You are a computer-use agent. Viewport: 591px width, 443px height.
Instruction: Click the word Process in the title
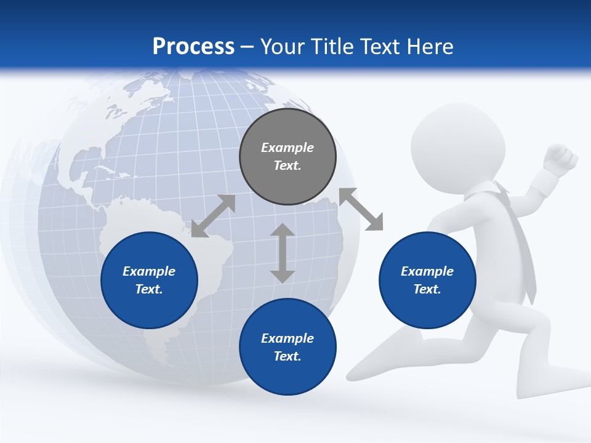(193, 47)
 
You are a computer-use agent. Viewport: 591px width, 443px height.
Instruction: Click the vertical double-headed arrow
(283, 253)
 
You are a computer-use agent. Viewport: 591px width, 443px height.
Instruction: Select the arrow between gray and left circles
(213, 216)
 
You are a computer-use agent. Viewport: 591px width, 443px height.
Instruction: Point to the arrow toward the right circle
(361, 209)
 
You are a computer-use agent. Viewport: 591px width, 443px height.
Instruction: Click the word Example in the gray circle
(287, 148)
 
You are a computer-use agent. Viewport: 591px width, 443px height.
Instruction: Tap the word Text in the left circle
(149, 289)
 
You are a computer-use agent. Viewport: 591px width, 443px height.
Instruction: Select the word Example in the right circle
(427, 271)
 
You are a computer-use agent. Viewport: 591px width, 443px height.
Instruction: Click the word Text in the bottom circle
(287, 356)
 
